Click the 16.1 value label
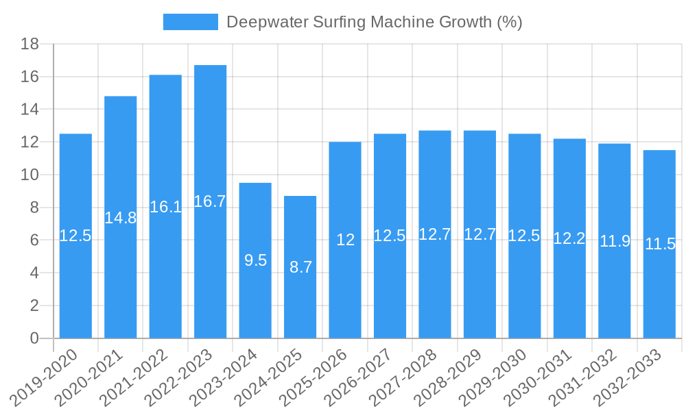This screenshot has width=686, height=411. coord(165,207)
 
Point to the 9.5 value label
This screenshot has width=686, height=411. coord(255,260)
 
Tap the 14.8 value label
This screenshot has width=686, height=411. coord(120,218)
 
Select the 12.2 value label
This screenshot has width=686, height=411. coord(569,238)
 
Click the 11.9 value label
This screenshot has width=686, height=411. coord(615,241)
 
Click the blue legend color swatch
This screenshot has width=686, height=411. coord(190,22)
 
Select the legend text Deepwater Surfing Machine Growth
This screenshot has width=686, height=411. coord(374,22)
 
